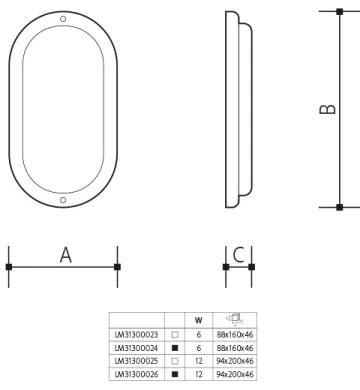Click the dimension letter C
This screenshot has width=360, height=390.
click(x=238, y=255)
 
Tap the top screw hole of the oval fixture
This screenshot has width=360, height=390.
click(x=63, y=20)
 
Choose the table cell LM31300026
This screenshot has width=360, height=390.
click(x=137, y=372)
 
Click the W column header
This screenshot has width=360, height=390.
click(x=199, y=322)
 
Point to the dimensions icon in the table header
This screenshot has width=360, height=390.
click(x=234, y=321)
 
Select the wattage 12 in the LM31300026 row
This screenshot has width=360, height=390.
click(x=199, y=372)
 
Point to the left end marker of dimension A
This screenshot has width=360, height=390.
click(x=9, y=267)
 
